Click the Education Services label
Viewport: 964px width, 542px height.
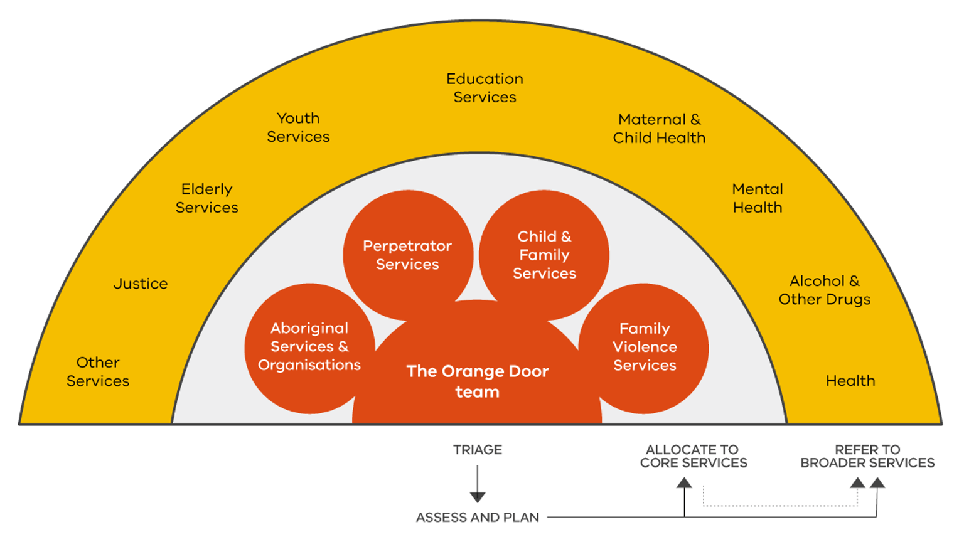coord(485,88)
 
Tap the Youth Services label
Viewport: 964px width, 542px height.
coord(298,127)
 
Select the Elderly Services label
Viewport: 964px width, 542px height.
coord(206,198)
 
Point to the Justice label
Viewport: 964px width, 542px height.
coord(141,284)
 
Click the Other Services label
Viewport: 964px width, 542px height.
coord(98,371)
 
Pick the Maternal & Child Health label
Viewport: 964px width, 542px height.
coord(659,129)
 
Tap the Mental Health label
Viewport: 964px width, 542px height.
coord(758,198)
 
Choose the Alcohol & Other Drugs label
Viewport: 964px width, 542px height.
coord(825,290)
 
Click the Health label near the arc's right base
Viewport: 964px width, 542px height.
coord(850,381)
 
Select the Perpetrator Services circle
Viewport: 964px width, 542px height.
coord(407,255)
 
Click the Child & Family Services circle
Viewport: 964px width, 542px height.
coord(544,255)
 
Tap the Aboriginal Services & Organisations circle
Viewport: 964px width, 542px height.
coord(309,347)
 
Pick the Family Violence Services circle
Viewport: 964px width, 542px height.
coord(645,347)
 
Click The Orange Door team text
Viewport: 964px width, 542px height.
coord(478,381)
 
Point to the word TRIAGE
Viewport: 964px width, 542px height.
coord(478,450)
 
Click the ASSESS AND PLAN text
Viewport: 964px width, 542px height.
coord(478,518)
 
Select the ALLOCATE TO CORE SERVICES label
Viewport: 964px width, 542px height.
coord(694,456)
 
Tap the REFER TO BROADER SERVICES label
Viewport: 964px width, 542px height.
coord(867,456)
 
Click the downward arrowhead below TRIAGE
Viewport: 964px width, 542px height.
coord(478,497)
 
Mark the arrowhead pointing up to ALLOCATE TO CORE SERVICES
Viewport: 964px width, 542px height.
coord(684,482)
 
